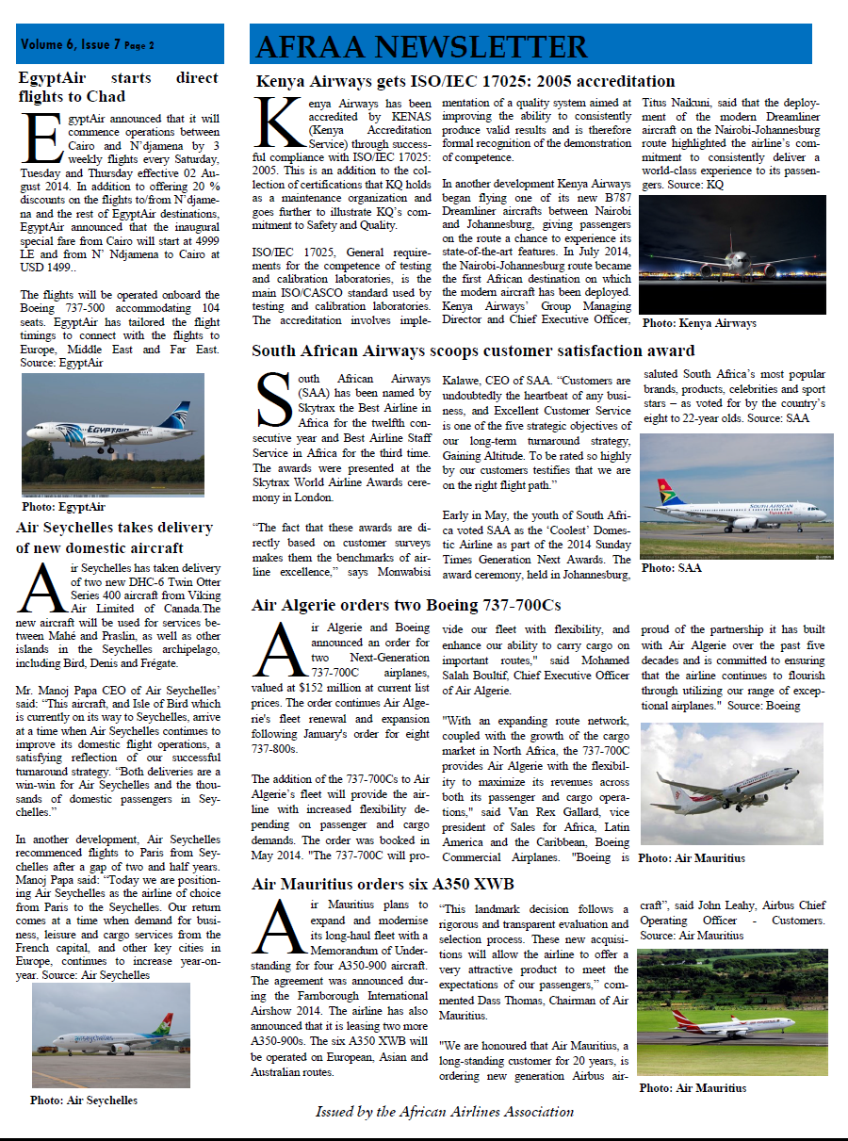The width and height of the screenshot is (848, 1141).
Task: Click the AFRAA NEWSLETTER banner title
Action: click(x=421, y=46)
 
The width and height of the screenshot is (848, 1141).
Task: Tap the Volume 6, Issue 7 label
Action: click(x=88, y=44)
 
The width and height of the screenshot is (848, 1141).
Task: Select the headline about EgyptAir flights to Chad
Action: click(x=118, y=87)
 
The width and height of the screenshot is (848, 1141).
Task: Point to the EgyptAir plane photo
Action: click(x=113, y=434)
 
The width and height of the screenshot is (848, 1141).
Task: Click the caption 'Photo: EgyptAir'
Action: click(x=63, y=507)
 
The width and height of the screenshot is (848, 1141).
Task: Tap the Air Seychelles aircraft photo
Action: click(x=110, y=1035)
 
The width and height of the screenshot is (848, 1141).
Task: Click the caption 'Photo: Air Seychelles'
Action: click(x=83, y=1100)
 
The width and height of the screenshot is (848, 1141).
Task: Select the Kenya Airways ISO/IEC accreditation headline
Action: click(x=465, y=82)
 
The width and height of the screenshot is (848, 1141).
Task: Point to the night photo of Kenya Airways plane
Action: click(x=732, y=254)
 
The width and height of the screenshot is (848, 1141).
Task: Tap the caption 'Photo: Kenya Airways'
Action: click(x=699, y=323)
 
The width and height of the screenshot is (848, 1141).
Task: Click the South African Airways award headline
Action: click(x=473, y=351)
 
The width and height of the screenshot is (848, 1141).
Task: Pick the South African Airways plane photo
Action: click(x=736, y=495)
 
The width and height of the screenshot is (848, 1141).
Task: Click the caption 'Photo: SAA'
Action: click(x=671, y=568)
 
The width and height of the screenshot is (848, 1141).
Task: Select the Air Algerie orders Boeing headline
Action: click(x=406, y=605)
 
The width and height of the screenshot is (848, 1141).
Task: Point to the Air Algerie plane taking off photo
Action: click(x=731, y=784)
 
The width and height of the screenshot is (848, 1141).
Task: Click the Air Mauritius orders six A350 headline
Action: click(x=383, y=885)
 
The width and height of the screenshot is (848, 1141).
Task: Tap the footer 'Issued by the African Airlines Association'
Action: click(x=444, y=1112)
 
